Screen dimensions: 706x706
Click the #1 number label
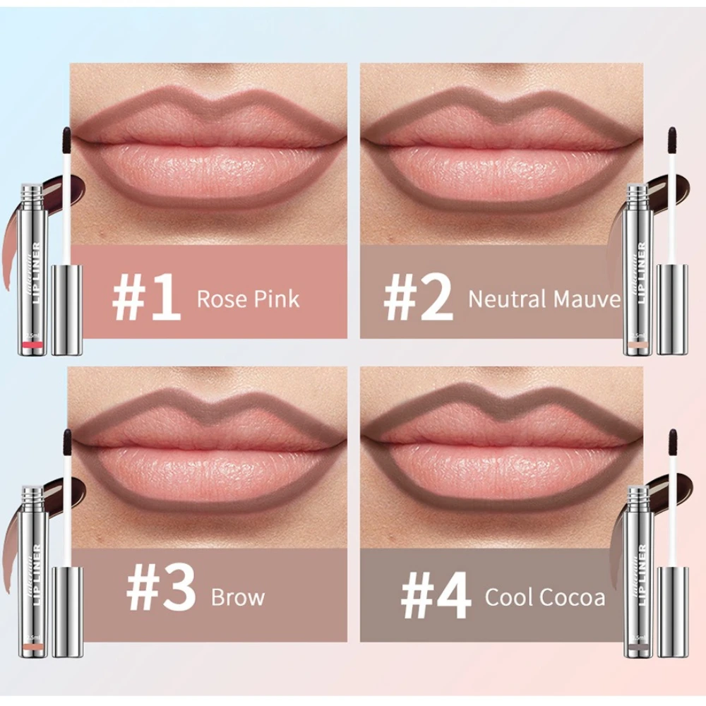coord(146,298)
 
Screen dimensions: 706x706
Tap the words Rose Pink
coord(248,298)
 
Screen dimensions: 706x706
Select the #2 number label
coord(418,298)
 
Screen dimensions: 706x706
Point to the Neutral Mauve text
coord(544,299)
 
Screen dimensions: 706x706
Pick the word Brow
coord(238,597)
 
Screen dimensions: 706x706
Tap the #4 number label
coord(436,597)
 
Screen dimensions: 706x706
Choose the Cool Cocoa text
coord(544,597)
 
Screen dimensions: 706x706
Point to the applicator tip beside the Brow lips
coord(68,439)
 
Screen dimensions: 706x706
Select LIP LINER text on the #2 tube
coord(641,273)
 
